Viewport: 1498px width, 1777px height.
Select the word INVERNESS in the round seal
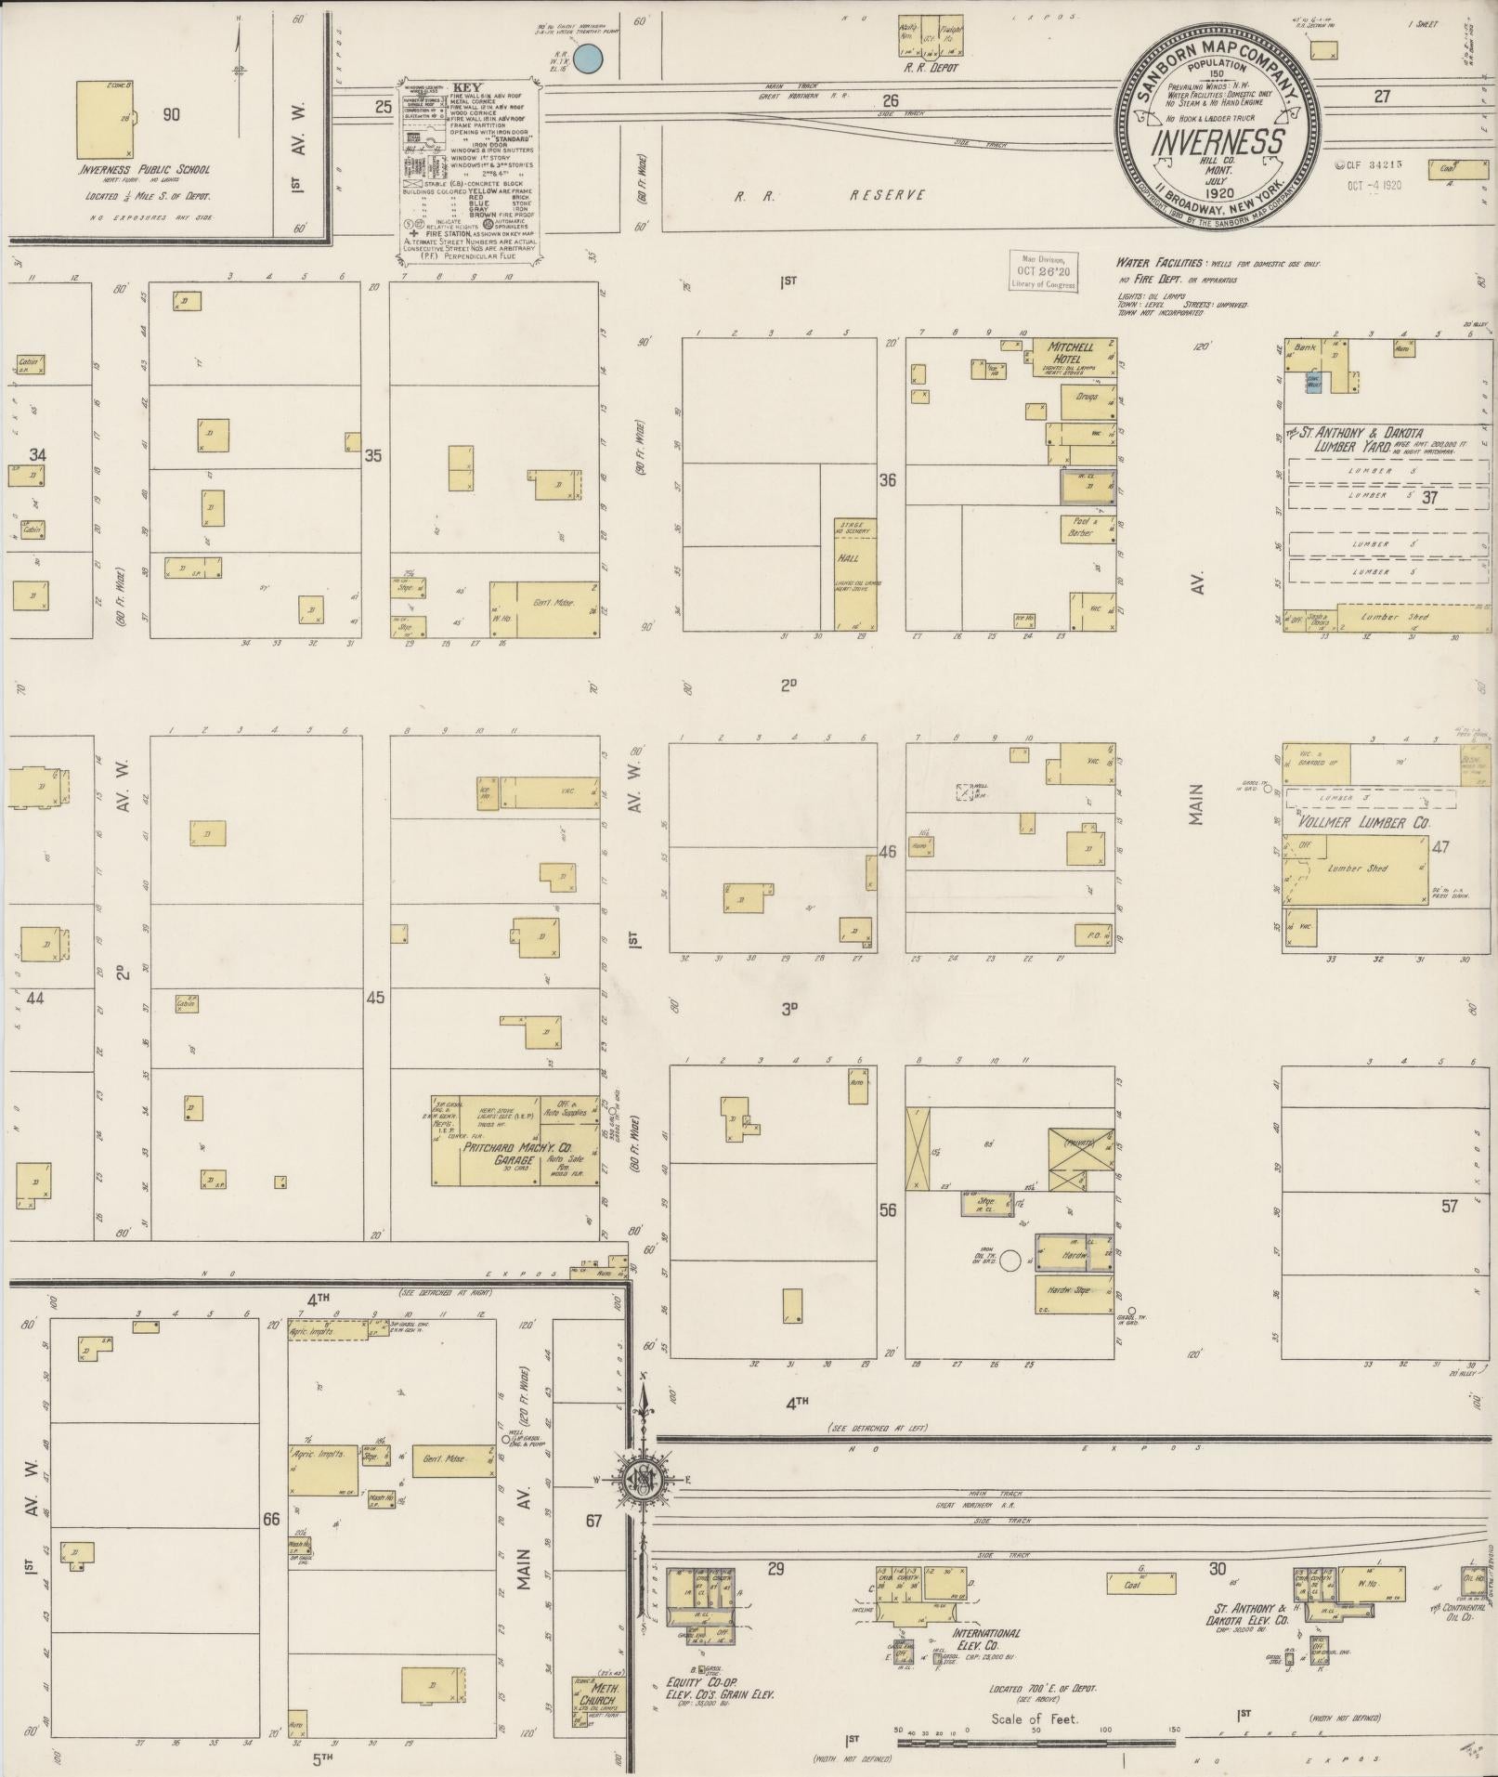click(x=1218, y=143)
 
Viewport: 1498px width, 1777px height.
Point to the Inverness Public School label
click(x=145, y=170)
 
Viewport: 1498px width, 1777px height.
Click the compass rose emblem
click(x=644, y=1481)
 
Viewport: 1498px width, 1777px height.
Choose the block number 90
click(x=171, y=115)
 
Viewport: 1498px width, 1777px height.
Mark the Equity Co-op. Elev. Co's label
click(x=721, y=1689)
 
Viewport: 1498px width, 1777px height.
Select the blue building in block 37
click(x=1312, y=384)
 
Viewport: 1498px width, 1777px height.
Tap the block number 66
click(x=271, y=1520)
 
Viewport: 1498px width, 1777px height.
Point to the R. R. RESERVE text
click(x=829, y=195)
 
